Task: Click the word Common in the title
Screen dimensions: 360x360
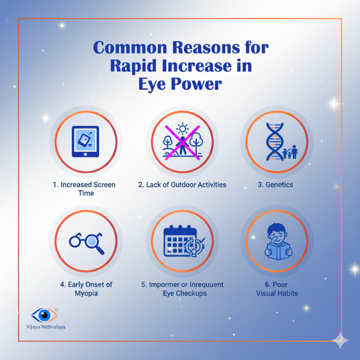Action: pyautogui.click(x=127, y=48)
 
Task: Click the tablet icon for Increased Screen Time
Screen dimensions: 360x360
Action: pyautogui.click(x=85, y=142)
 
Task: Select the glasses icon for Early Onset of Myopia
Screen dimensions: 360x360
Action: pyautogui.click(x=85, y=242)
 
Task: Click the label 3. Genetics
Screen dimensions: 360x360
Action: pyautogui.click(x=276, y=185)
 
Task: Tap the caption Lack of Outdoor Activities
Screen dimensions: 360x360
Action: pyautogui.click(x=182, y=185)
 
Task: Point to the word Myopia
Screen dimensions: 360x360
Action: pyautogui.click(x=85, y=293)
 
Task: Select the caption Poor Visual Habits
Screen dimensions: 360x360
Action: pyautogui.click(x=277, y=289)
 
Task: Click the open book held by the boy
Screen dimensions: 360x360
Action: pyautogui.click(x=277, y=251)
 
